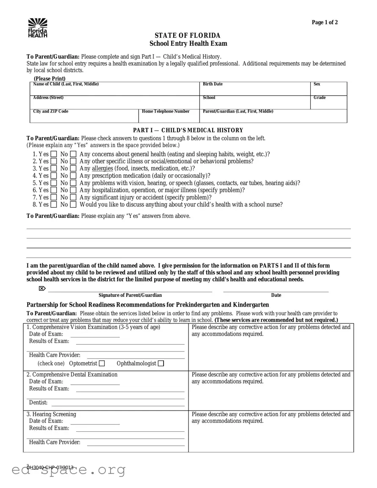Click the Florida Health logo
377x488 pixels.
38,28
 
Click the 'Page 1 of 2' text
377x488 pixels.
325,23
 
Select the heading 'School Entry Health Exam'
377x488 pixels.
188,44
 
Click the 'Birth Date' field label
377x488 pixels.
213,84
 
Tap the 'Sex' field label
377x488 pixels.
317,84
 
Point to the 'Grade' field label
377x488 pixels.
320,98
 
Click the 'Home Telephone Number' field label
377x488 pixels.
166,111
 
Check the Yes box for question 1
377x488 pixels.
54,154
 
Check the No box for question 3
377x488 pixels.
73,169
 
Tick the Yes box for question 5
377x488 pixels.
54,183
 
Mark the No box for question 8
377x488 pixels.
73,205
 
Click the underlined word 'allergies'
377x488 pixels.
102,168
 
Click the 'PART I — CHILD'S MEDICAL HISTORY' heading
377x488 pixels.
188,130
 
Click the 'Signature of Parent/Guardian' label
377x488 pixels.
130,295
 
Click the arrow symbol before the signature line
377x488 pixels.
42,288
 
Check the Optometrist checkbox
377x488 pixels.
102,364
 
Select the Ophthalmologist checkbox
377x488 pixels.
161,364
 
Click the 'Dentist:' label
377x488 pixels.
38,403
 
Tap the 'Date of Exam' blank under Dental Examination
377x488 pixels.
95,382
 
